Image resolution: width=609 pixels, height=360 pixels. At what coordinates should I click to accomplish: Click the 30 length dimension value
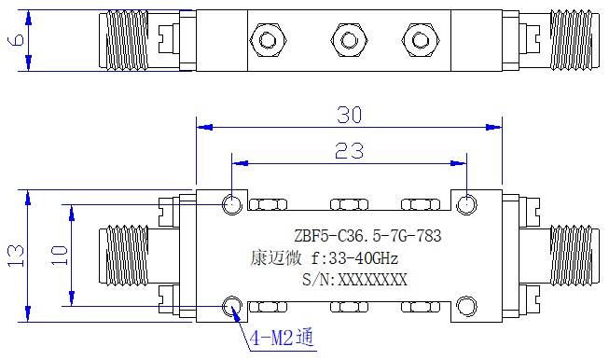pyautogui.click(x=349, y=115)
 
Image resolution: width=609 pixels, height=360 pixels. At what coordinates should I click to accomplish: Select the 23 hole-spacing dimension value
pyautogui.click(x=349, y=151)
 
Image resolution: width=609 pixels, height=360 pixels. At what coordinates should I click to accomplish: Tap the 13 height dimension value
pyautogui.click(x=16, y=256)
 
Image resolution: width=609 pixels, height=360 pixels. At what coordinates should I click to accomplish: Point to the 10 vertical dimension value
pyautogui.click(x=60, y=256)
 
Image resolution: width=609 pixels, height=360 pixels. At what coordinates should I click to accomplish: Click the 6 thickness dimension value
pyautogui.click(x=16, y=40)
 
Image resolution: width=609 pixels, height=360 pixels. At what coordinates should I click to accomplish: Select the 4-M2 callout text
pyautogui.click(x=282, y=338)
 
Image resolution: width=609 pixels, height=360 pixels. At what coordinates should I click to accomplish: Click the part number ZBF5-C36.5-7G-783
pyautogui.click(x=367, y=236)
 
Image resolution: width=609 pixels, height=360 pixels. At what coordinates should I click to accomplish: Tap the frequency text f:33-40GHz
pyautogui.click(x=354, y=258)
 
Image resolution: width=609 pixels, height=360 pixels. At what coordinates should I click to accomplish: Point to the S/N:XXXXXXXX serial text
pyautogui.click(x=354, y=280)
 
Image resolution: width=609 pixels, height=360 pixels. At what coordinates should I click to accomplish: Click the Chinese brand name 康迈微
pyautogui.click(x=276, y=257)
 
